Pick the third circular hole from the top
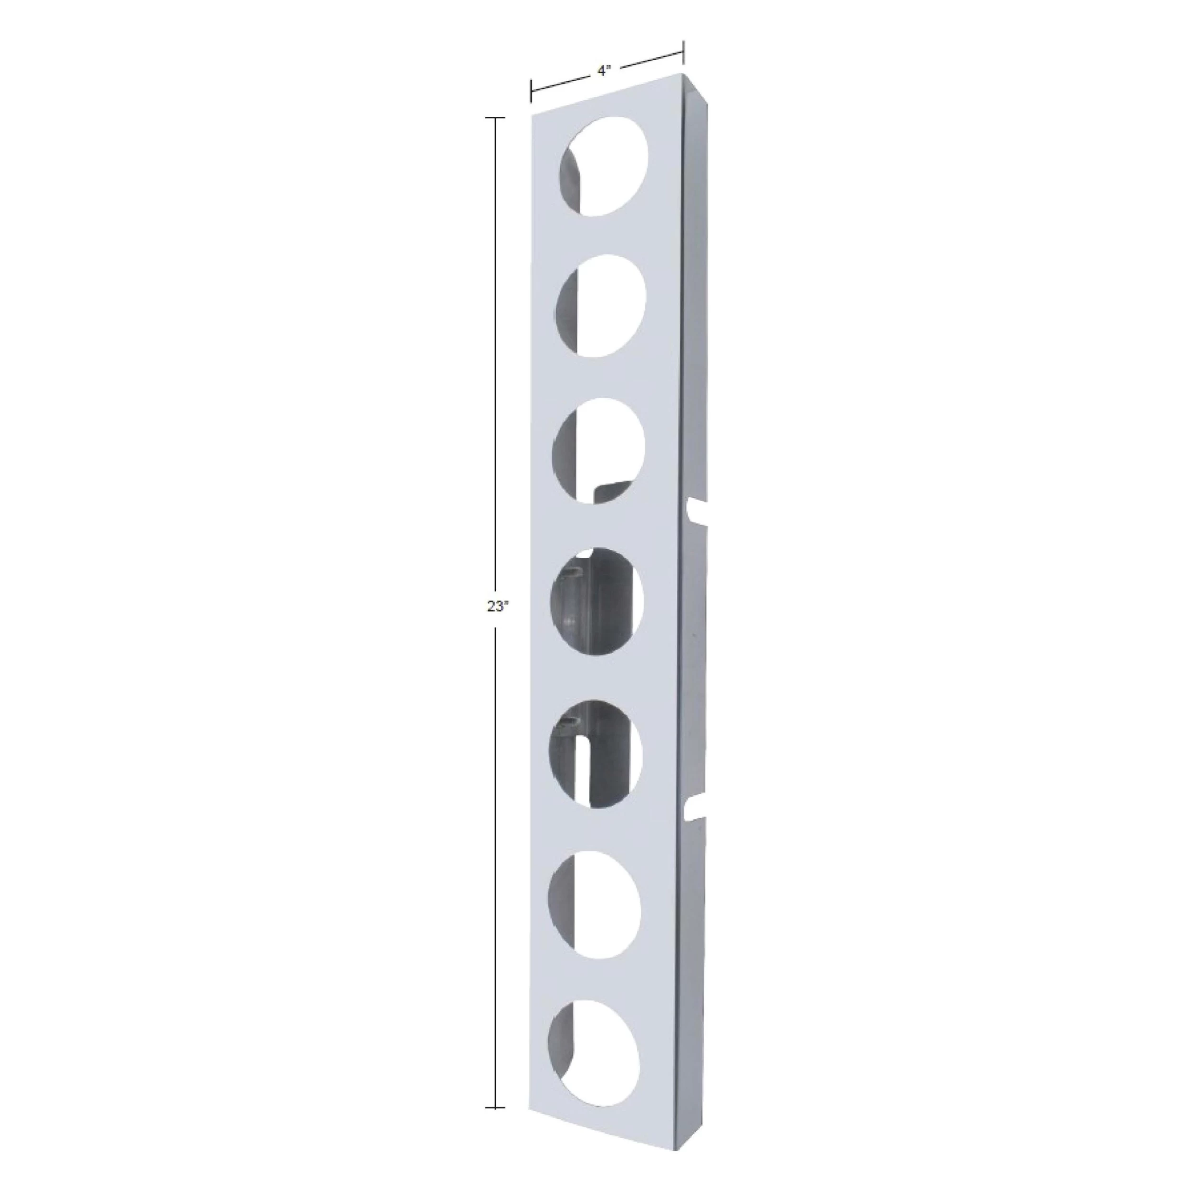click(x=598, y=451)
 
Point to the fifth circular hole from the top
click(x=595, y=753)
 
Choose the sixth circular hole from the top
click(x=593, y=904)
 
